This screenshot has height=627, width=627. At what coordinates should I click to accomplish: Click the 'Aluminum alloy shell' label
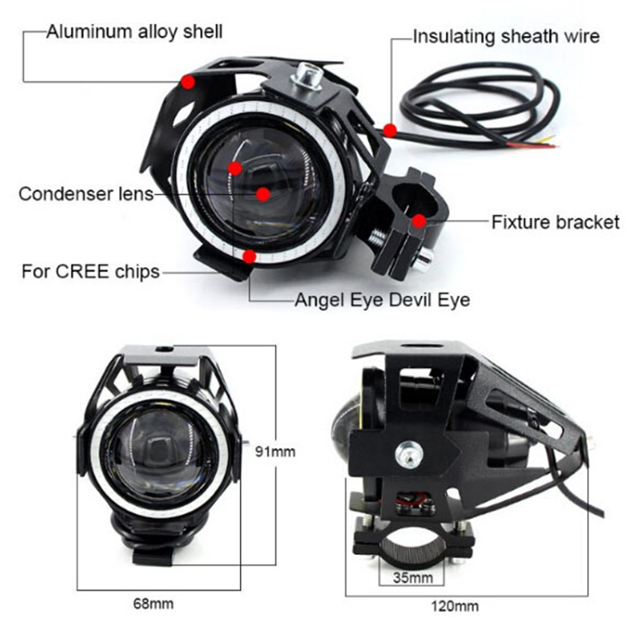tap(135, 32)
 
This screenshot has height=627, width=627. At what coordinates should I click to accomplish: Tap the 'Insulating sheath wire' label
tap(506, 36)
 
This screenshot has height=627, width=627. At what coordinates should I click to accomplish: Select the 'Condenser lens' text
tap(86, 194)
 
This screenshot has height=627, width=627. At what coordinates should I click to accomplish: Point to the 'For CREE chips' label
tap(91, 272)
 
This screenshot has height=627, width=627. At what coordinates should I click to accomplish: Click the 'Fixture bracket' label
tap(556, 222)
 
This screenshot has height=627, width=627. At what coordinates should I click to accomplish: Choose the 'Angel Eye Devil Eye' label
tap(382, 300)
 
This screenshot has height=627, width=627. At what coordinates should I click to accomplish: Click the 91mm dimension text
tap(275, 451)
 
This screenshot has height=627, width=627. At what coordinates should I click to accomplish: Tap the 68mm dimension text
tap(153, 604)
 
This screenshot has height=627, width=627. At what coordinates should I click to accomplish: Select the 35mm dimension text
tap(413, 578)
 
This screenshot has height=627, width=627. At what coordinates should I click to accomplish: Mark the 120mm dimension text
tap(455, 606)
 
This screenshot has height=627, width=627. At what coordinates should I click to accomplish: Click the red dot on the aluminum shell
tap(188, 83)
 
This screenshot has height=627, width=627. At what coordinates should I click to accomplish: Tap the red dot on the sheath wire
tap(390, 130)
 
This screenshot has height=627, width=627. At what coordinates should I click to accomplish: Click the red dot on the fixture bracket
tap(419, 221)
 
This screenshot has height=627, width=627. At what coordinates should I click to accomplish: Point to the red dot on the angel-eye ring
tap(250, 257)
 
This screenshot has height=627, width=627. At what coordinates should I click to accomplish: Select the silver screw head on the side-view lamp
tap(409, 453)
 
